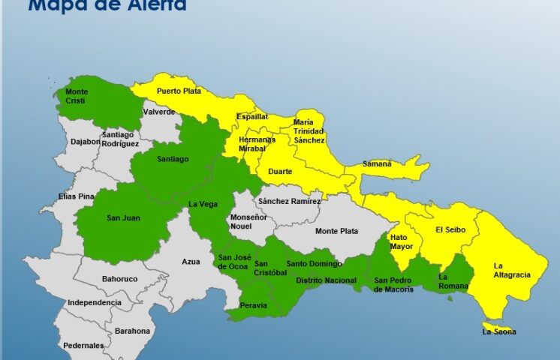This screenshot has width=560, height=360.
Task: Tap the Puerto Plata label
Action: tap(178, 91)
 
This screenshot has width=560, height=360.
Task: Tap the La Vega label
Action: tap(203, 204)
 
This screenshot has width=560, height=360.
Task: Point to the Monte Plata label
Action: tap(336, 231)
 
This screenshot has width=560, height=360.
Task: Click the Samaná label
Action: tap(377, 163)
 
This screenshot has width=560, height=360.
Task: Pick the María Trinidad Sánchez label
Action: tap(309, 131)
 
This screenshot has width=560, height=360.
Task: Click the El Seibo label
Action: tap(450, 229)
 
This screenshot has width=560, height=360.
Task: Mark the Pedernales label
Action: tap(83, 345)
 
